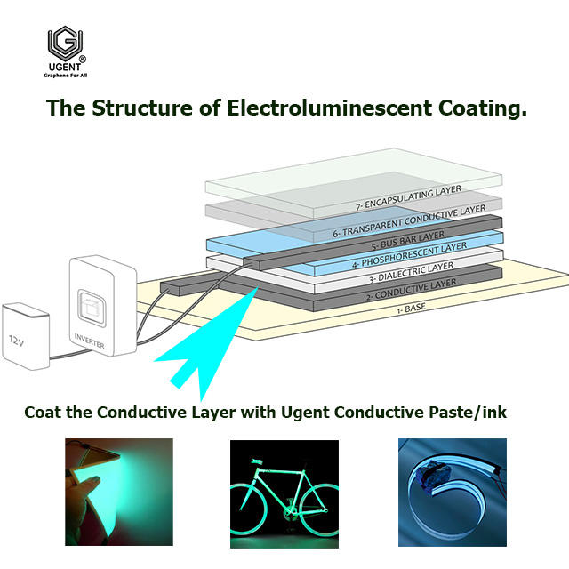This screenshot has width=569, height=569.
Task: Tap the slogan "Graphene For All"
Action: (67, 76)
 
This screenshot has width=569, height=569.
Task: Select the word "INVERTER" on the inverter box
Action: (91, 336)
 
